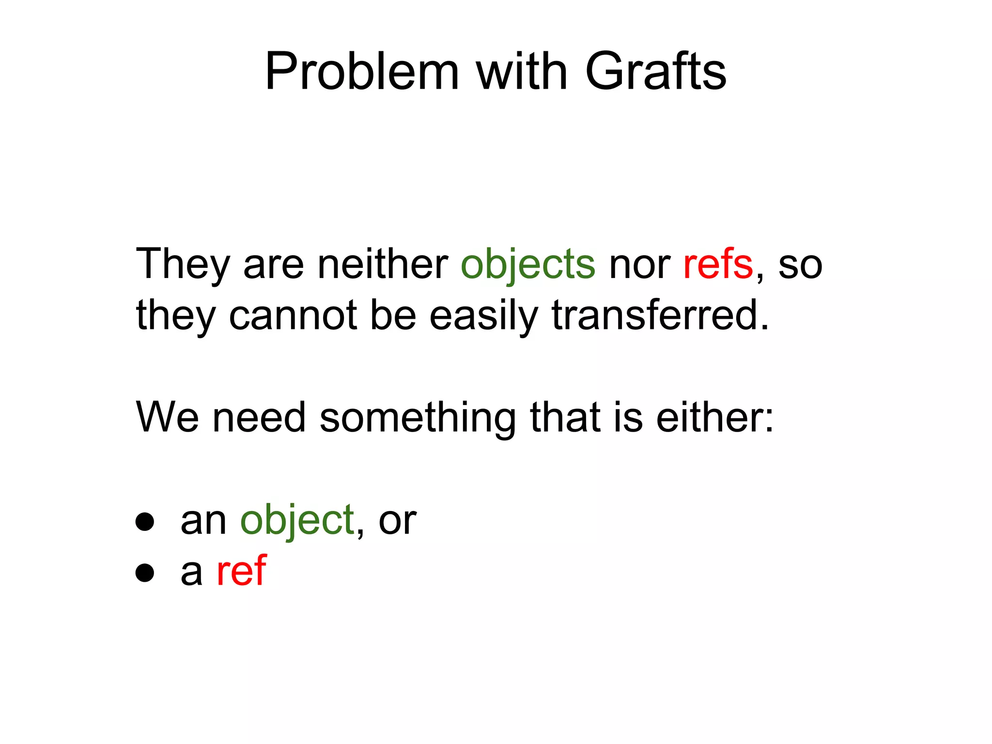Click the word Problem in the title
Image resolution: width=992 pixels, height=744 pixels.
tap(361, 72)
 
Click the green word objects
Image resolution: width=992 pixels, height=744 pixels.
tap(527, 265)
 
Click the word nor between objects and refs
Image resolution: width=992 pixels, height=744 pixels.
tap(639, 266)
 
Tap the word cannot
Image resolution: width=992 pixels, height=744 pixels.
tap(293, 315)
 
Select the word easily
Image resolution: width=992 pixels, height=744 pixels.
tap(483, 316)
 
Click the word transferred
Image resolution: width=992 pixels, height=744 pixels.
tap(660, 315)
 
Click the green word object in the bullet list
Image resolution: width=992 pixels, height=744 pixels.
tap(297, 521)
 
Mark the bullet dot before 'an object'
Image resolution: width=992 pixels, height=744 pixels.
tap(145, 522)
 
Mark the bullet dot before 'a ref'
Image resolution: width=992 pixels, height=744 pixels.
tap(145, 573)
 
